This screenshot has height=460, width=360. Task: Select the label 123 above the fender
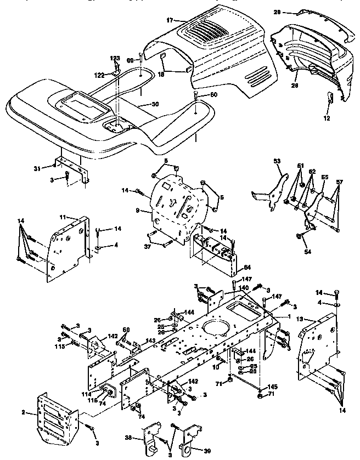coord(115,58)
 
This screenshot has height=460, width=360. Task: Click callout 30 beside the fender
coord(155,104)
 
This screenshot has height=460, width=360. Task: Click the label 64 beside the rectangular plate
coord(246,268)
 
